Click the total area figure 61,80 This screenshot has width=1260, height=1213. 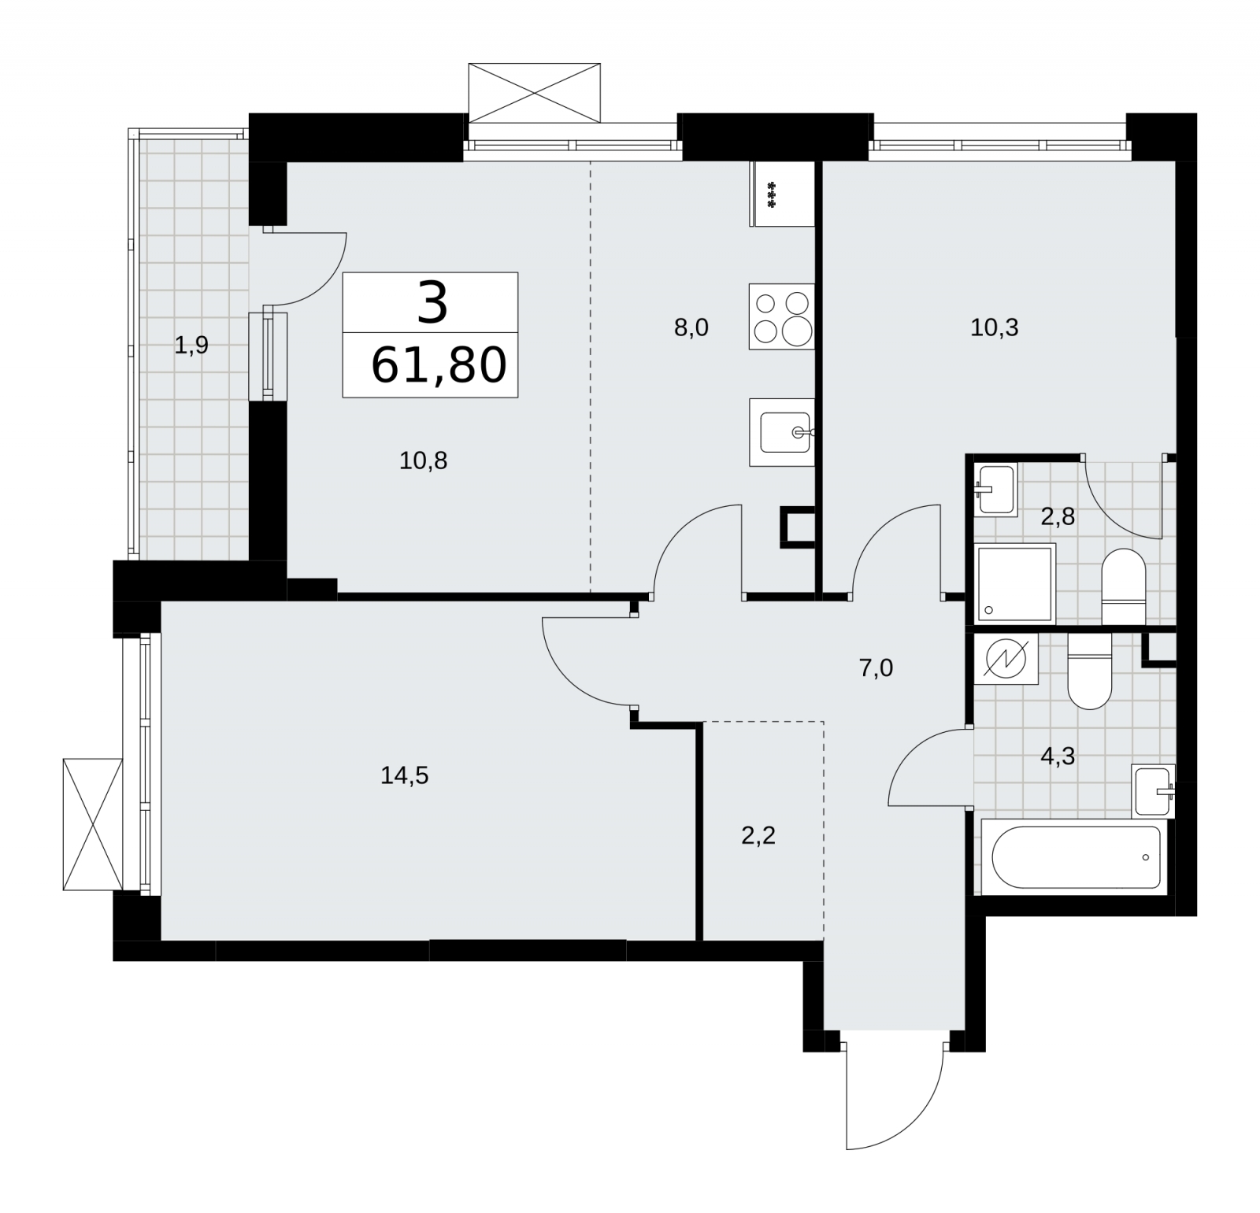[438, 365]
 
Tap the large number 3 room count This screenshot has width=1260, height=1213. [432, 302]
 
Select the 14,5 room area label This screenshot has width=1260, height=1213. [405, 776]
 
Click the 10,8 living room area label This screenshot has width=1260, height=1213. [423, 460]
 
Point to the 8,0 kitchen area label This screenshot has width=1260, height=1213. [691, 327]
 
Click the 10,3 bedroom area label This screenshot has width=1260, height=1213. [994, 327]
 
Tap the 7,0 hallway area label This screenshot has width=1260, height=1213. [876, 668]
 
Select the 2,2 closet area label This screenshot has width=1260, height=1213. [758, 835]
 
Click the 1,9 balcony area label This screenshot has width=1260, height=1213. [191, 345]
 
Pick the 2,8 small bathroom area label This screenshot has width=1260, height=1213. [1058, 517]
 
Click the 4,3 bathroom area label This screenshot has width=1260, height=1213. [1058, 756]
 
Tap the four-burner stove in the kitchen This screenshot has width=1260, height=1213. [781, 316]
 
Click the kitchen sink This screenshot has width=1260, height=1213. [781, 432]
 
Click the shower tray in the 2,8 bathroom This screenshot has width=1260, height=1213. [1014, 583]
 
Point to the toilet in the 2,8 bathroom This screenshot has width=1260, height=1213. [1122, 586]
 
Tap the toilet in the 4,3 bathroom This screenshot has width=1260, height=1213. [1089, 671]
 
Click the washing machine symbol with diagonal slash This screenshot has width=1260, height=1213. [1006, 659]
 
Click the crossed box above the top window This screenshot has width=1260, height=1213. [534, 93]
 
